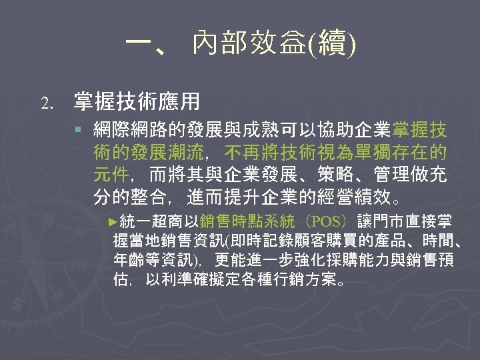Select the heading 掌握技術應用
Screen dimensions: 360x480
pos(137,101)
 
